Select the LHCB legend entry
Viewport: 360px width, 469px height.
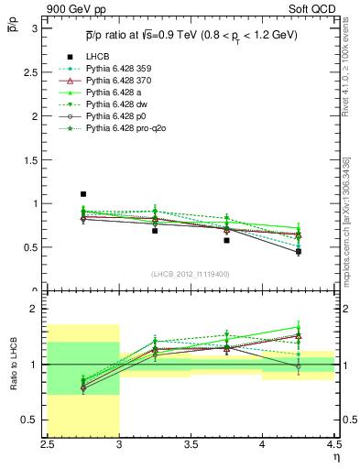pos(97,57)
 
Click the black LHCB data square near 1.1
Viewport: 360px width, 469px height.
pos(82,194)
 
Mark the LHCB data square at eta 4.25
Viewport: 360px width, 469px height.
pos(298,251)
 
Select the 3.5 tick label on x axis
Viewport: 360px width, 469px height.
pos(191,445)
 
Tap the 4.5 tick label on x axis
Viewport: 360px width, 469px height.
pos(333,445)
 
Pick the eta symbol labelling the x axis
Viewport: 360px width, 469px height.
pos(336,456)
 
